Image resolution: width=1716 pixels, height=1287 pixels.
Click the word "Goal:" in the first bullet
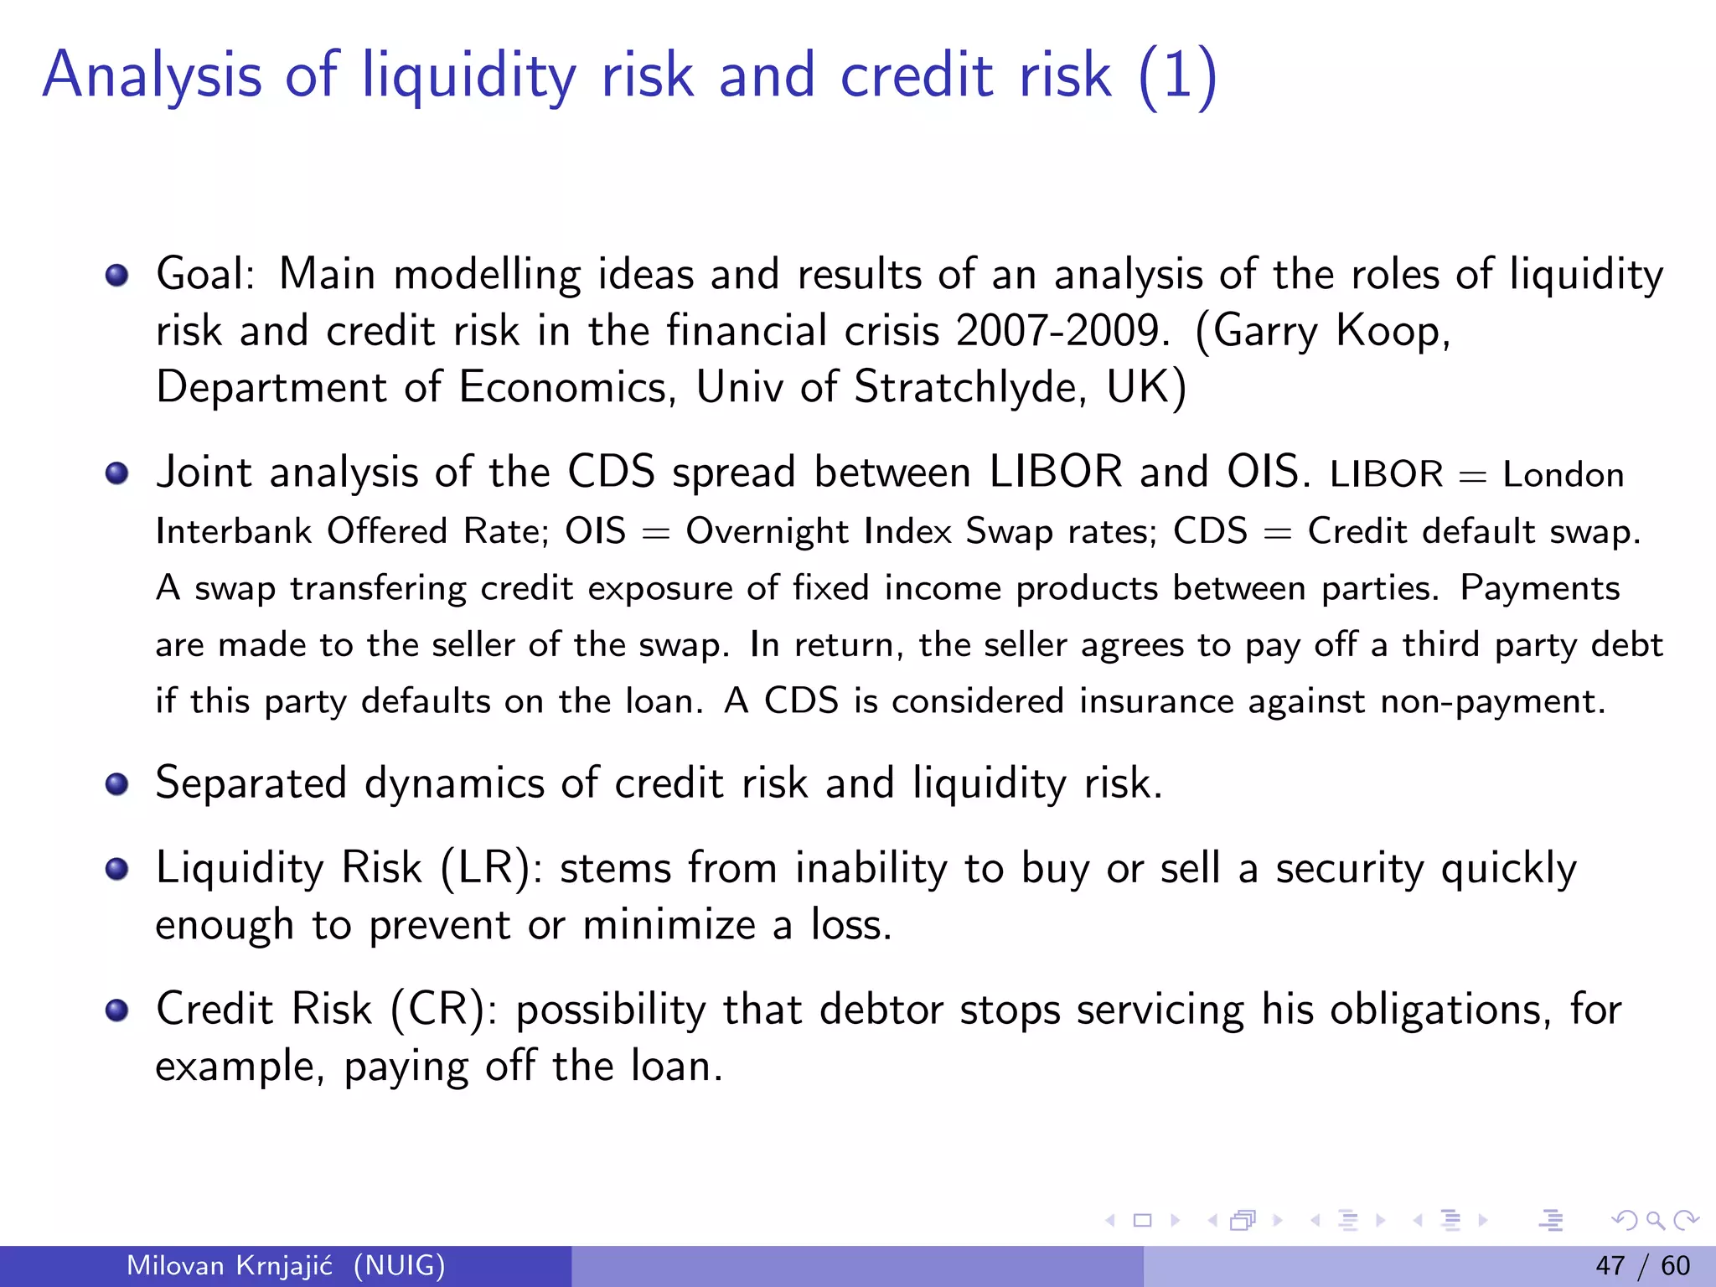205,275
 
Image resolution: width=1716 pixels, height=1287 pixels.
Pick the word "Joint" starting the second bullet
204,473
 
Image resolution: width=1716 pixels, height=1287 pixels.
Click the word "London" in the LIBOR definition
1563,475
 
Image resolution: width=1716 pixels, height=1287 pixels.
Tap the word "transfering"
378,588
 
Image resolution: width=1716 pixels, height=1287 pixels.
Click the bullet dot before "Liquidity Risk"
117,869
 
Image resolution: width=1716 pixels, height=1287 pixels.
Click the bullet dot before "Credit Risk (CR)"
117,1010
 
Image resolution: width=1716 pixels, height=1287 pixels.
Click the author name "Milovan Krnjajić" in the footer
230,1265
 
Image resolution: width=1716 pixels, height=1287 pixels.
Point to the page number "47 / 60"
1642,1265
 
